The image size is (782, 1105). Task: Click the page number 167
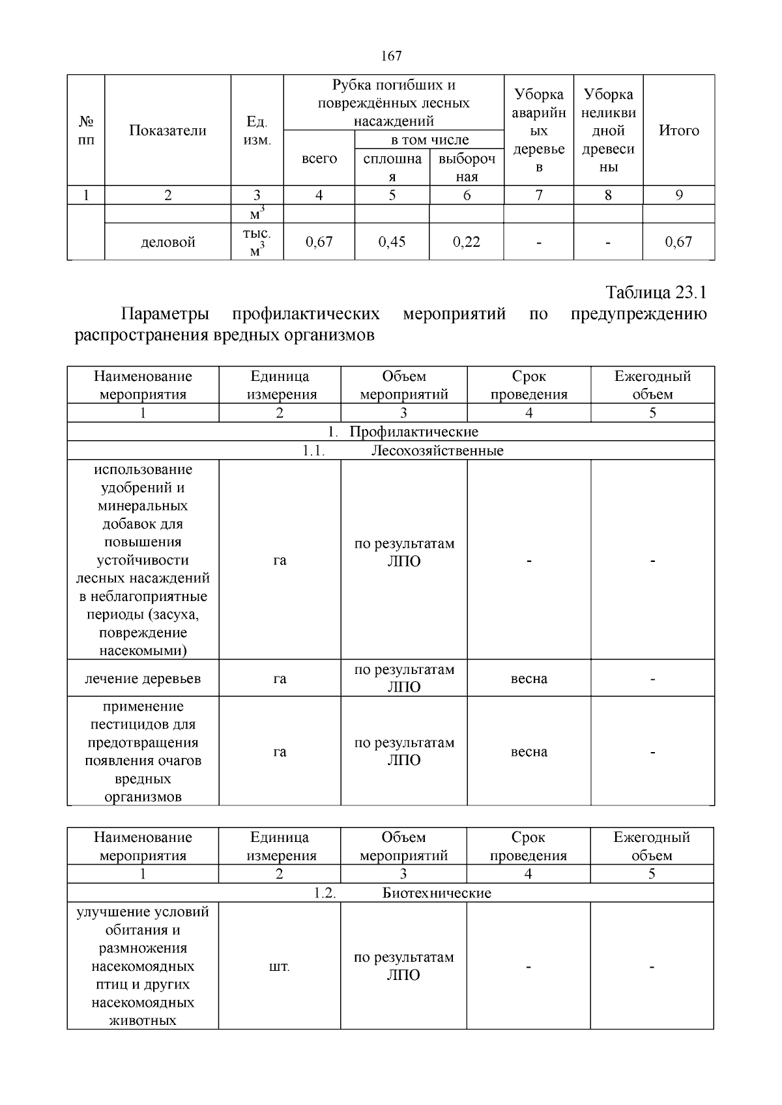coord(391,56)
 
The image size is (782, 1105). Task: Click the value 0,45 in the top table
coord(392,242)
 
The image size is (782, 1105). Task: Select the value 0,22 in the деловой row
coord(467,242)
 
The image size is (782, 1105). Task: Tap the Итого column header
coord(678,131)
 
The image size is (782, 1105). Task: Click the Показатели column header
coord(167,131)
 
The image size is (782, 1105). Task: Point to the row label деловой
coord(168,243)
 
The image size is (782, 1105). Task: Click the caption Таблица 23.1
coord(656,292)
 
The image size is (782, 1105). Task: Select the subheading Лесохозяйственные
coord(437,451)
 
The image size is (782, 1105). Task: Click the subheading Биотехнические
coord(436,893)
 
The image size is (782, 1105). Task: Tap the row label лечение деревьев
coord(143,678)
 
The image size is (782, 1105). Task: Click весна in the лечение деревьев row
coord(529,678)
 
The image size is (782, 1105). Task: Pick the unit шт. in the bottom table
coord(279,968)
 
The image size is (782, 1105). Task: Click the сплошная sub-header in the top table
coord(392,167)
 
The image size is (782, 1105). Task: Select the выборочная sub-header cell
coord(467,167)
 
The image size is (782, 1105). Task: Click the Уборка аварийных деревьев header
coord(538,131)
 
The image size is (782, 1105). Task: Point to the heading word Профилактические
coord(413,432)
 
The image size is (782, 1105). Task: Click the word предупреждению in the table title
coord(638,315)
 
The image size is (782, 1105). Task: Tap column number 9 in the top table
coord(678,195)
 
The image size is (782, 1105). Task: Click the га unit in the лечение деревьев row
coord(280,678)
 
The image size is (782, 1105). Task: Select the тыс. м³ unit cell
coord(257,242)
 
